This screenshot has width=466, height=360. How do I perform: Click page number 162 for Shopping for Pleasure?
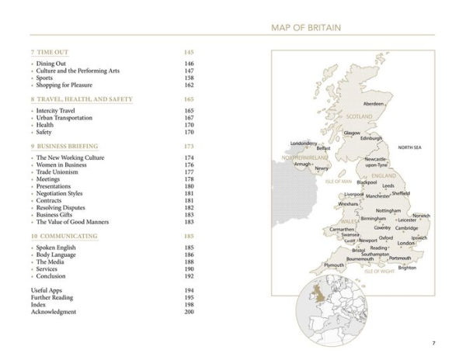pyautogui.click(x=189, y=85)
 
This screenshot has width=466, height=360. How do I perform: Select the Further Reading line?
pyautogui.click(x=56, y=297)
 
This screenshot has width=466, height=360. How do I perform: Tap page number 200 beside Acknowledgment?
pyautogui.click(x=189, y=312)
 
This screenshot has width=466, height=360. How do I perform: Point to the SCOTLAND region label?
pyautogui.click(x=359, y=116)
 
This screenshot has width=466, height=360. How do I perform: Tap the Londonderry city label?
pyautogui.click(x=303, y=144)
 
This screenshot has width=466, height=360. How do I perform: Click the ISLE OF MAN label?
pyautogui.click(x=339, y=181)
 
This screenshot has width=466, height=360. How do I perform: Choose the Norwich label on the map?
pyautogui.click(x=421, y=216)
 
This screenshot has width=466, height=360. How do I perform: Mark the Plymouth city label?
pyautogui.click(x=333, y=265)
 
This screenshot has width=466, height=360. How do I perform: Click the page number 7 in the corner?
pyautogui.click(x=433, y=342)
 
